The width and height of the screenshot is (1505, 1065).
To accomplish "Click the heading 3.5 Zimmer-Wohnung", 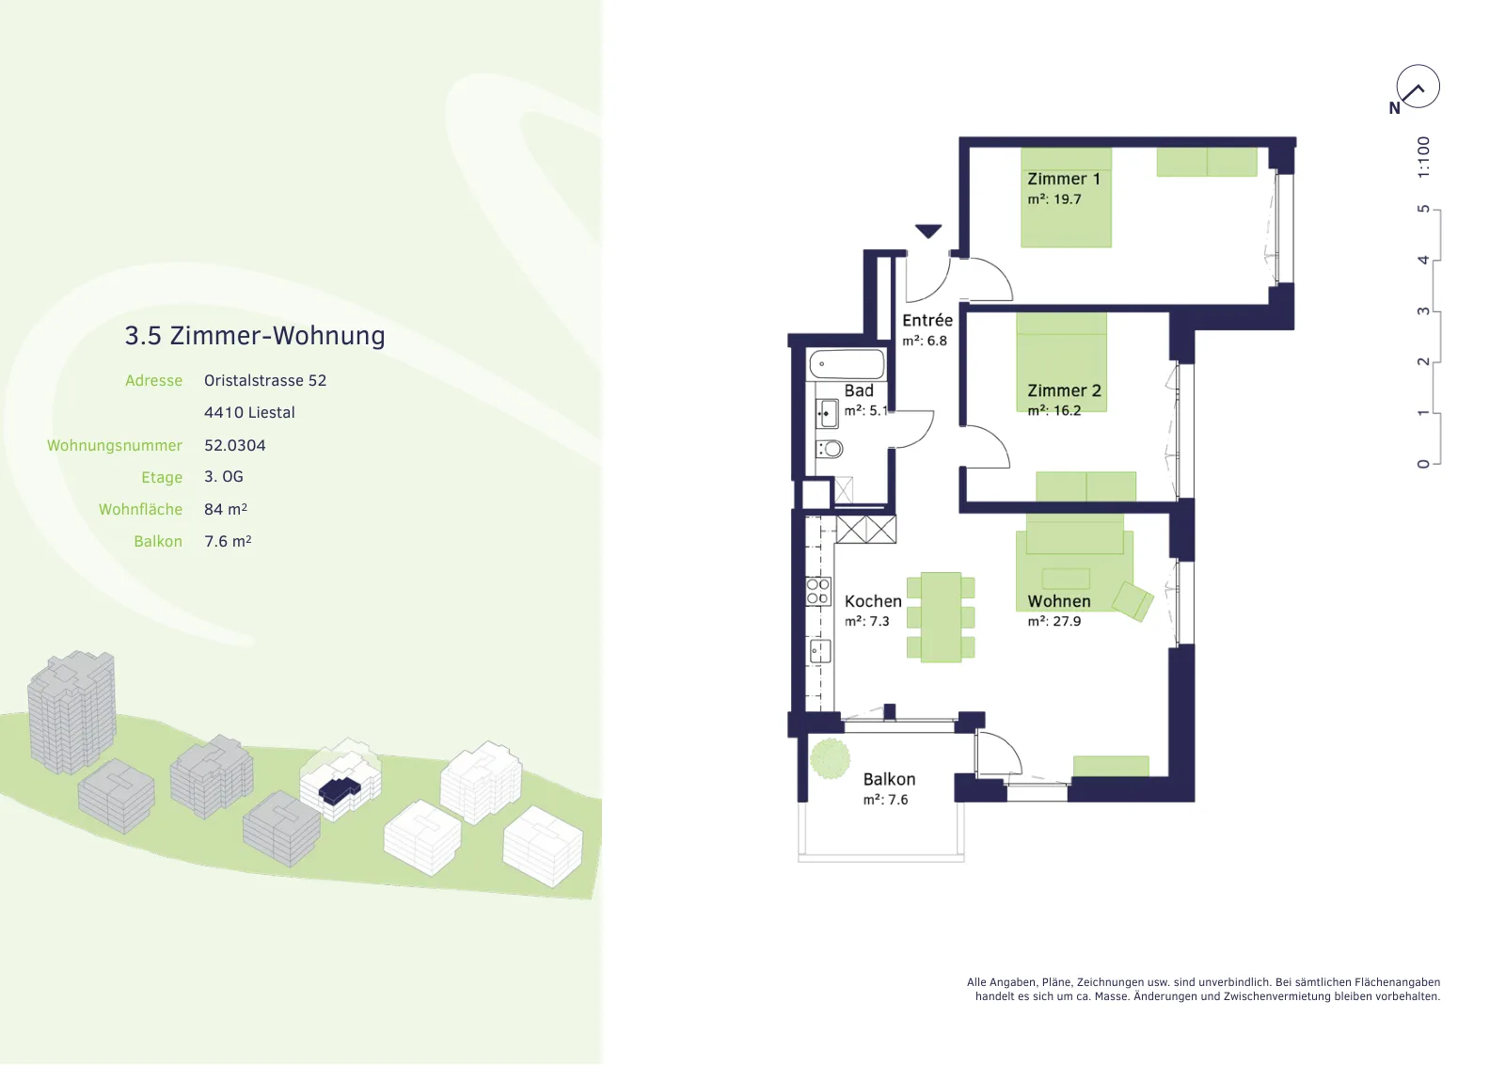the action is (255, 335).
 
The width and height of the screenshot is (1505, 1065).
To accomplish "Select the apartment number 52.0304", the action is (234, 445).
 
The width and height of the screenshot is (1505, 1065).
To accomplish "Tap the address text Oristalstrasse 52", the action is (264, 380).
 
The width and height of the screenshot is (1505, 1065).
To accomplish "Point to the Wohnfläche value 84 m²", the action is (225, 509).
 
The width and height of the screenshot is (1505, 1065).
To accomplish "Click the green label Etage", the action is (161, 478).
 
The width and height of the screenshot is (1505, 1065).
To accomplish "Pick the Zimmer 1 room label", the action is (1064, 179).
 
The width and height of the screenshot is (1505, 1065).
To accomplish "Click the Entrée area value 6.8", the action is (937, 341).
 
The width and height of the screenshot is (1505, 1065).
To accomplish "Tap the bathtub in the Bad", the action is (847, 364).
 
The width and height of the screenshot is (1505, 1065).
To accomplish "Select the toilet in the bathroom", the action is (830, 448).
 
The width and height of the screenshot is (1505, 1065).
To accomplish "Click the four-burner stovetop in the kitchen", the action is (818, 591).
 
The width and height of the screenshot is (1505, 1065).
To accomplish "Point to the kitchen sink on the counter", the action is (819, 651).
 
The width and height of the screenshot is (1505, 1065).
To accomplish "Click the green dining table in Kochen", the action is (941, 617).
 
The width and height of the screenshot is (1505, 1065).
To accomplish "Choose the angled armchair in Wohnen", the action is (1133, 600).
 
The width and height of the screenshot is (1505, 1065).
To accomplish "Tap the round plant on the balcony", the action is (830, 758).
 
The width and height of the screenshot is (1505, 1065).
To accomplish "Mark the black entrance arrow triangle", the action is (927, 231).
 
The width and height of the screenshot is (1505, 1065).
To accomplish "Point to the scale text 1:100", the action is (1423, 157).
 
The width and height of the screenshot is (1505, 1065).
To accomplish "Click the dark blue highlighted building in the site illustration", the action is (340, 790).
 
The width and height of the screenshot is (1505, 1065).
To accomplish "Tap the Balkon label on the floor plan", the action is (889, 779).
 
